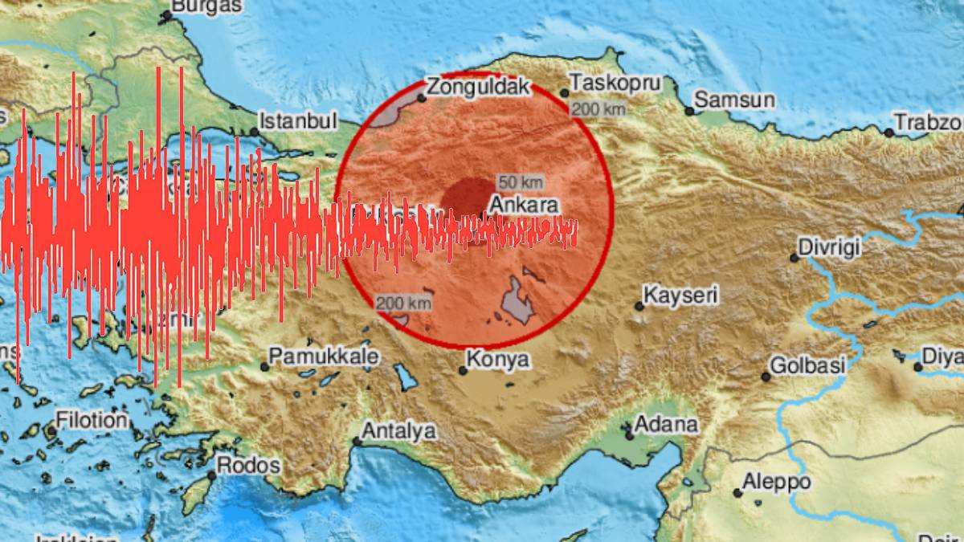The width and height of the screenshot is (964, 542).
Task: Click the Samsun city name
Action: point(734,100)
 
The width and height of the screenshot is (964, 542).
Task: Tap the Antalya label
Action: point(398,431)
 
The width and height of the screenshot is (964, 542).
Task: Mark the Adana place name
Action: point(666,424)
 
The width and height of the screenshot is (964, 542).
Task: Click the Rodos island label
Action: point(248,465)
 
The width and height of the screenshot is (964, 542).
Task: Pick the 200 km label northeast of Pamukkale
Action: point(403,303)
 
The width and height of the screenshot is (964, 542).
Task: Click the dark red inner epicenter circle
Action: point(466,198)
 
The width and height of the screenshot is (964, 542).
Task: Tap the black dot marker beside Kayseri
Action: point(639,306)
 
